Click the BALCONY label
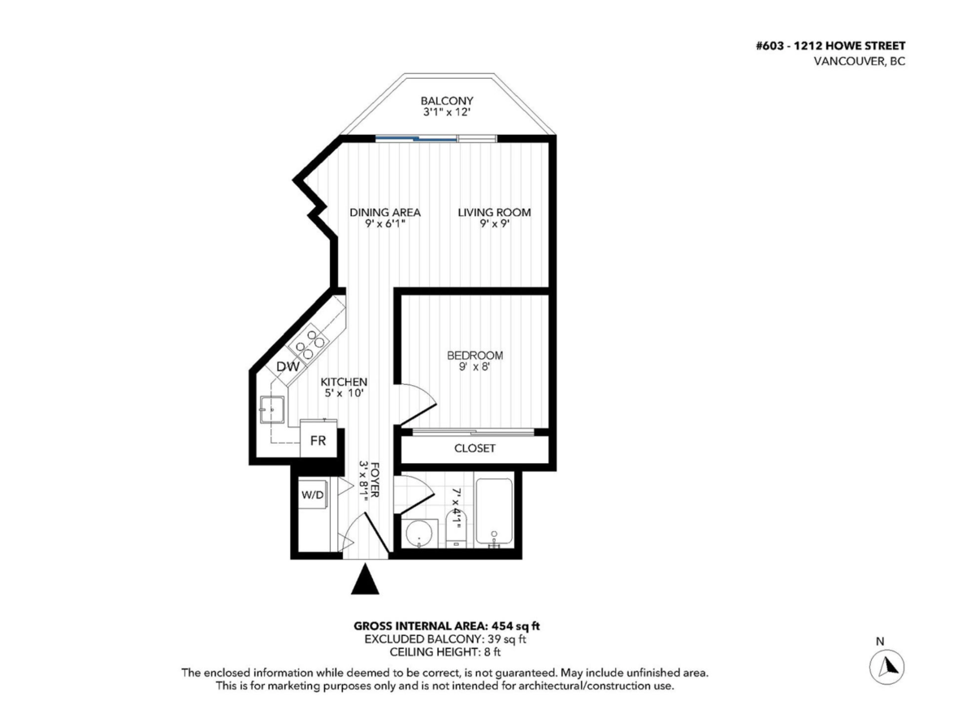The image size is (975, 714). pos(446,101)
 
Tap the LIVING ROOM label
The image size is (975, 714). pos(494,213)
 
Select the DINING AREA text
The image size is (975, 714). pos(384,213)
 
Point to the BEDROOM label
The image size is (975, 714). pos(474,356)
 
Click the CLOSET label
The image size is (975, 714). pos(474,448)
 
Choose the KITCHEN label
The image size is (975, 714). pos(344,382)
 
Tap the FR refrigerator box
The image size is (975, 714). pos(318,441)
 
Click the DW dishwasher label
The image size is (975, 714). pos(288,367)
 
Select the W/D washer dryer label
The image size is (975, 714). pos(311,495)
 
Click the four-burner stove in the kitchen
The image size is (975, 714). pos(310,346)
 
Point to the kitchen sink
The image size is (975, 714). pos(274,410)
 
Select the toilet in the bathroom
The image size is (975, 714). pos(455,532)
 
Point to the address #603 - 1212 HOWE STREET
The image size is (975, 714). pos(830,46)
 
